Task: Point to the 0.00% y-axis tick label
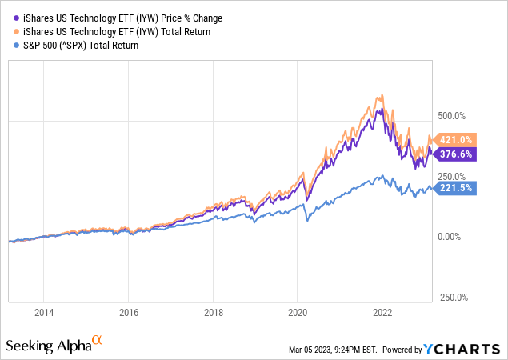pos(450,237)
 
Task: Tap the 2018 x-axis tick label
pos(213,313)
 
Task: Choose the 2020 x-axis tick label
pos(298,313)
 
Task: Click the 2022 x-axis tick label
pos(382,313)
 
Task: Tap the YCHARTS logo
pos(473,348)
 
